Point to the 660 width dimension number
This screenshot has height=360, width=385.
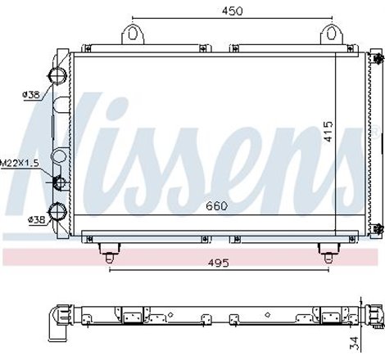[216, 205]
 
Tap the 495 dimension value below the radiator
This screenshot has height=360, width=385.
[216, 241]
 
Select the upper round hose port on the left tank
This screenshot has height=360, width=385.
[58, 76]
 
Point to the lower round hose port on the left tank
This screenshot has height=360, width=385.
[58, 212]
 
